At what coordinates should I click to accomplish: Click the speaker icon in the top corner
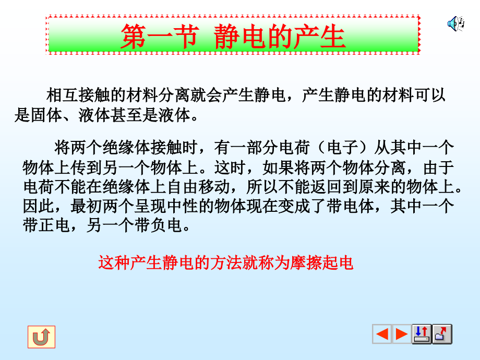point(455,23)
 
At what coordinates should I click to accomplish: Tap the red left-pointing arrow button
point(382,334)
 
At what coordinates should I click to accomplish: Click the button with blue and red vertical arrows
point(422,334)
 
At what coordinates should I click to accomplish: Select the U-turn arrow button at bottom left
point(41,337)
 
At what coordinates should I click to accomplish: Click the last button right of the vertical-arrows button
point(442,334)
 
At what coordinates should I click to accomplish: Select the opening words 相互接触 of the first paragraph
point(78,95)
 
